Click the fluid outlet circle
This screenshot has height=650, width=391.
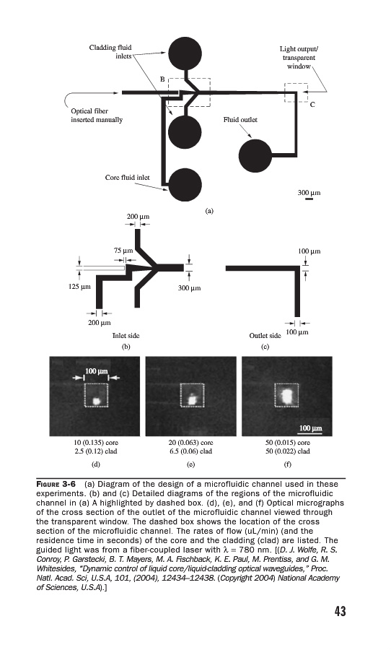point(255,156)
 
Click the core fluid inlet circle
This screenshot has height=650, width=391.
point(185,184)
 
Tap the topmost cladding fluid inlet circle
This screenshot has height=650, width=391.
point(185,53)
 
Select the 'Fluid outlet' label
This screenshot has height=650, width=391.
point(240,120)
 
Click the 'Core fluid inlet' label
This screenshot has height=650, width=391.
point(128,178)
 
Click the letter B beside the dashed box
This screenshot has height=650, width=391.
point(163,79)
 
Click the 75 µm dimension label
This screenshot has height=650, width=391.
point(123,251)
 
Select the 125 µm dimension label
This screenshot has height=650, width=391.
point(79,287)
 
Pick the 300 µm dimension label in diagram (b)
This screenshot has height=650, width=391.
point(189,287)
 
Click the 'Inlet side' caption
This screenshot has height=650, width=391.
point(126,336)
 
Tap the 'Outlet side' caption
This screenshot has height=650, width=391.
point(265,336)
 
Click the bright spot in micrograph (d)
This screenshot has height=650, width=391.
point(97,401)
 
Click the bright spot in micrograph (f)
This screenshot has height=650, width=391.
point(287,395)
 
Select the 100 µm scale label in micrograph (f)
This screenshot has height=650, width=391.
point(311,428)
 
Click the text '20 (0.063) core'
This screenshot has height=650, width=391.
point(190,442)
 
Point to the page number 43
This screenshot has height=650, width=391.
point(340,612)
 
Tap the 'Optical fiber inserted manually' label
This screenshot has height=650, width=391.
point(97,116)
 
